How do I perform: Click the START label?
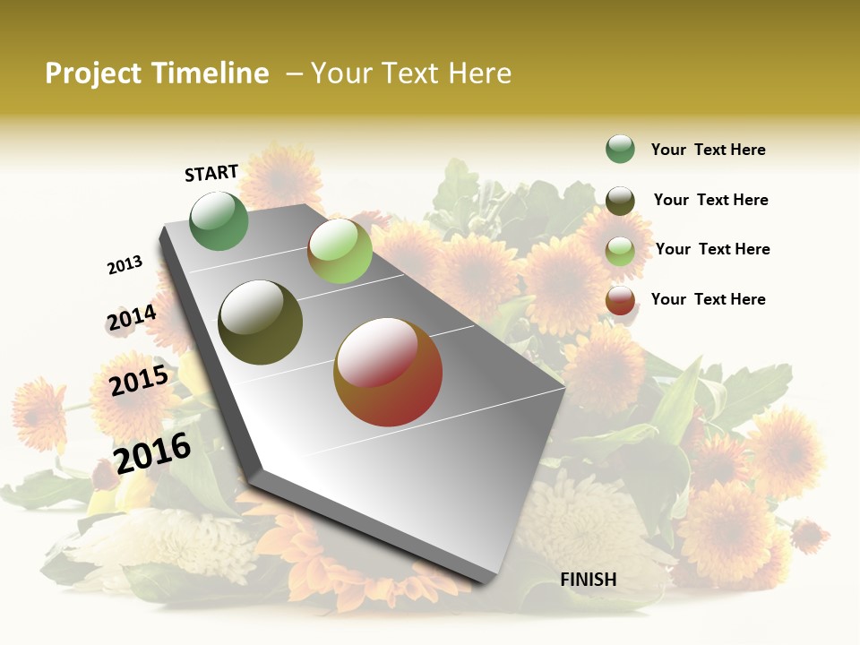tap(211, 172)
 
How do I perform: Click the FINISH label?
tap(588, 580)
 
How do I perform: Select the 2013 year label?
tap(125, 265)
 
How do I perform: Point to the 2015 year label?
tap(139, 381)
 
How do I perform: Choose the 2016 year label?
tap(152, 452)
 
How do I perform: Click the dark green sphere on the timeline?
tap(219, 221)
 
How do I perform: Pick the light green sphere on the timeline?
tap(340, 251)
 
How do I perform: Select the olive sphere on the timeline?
tap(261, 322)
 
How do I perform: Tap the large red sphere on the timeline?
tap(388, 372)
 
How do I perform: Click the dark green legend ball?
tap(620, 150)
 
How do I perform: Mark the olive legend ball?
tap(620, 201)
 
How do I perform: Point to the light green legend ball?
tap(620, 251)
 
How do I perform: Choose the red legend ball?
tap(620, 300)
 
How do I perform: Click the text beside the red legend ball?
tap(708, 299)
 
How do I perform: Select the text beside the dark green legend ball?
tap(708, 150)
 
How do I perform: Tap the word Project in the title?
tap(93, 73)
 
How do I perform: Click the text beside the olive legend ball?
tap(710, 200)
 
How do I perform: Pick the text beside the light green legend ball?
tap(712, 249)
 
